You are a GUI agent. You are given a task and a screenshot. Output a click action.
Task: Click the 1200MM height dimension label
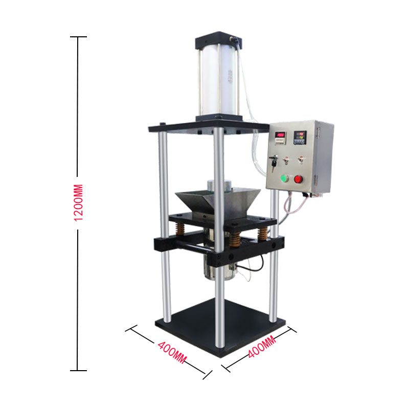[x=78, y=202]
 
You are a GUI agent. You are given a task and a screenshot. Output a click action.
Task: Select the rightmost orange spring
[x=263, y=233]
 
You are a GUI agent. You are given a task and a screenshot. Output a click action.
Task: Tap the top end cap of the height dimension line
[x=78, y=37]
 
